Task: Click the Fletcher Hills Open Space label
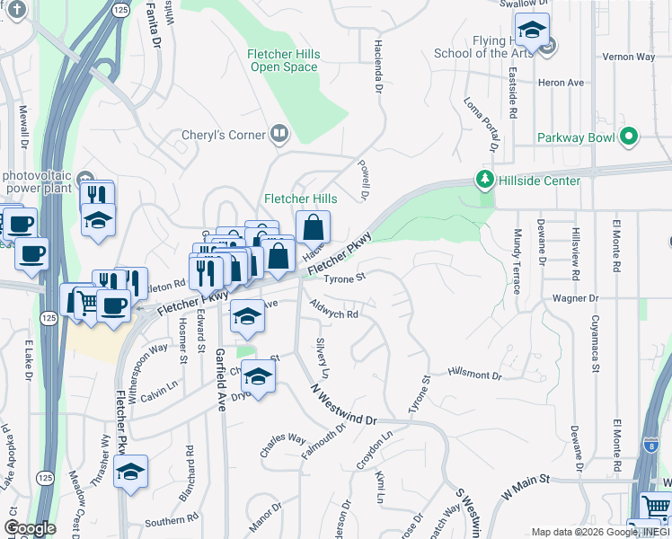tap(284, 60)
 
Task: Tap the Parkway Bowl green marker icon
tap(629, 137)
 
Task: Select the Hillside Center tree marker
tap(485, 180)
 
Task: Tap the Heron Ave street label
tap(561, 83)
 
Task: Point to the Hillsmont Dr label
tap(475, 374)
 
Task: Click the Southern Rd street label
tap(164, 522)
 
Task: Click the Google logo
tap(30, 528)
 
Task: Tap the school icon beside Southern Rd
tap(130, 473)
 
